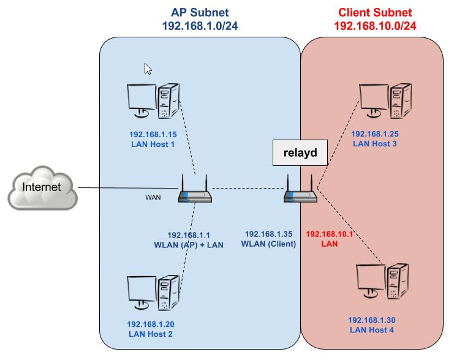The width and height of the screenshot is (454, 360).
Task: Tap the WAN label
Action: pyautogui.click(x=153, y=197)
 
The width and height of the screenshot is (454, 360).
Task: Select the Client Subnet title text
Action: pyautogui.click(x=375, y=12)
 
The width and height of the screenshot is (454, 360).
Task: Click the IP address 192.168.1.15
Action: pyautogui.click(x=153, y=135)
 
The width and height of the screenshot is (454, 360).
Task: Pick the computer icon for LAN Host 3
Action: pyautogui.click(x=385, y=100)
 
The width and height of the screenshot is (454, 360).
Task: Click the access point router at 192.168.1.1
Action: pyautogui.click(x=195, y=191)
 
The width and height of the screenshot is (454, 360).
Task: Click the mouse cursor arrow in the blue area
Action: pyautogui.click(x=148, y=69)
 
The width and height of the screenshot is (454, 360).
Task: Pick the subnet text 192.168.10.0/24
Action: pyautogui.click(x=375, y=26)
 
